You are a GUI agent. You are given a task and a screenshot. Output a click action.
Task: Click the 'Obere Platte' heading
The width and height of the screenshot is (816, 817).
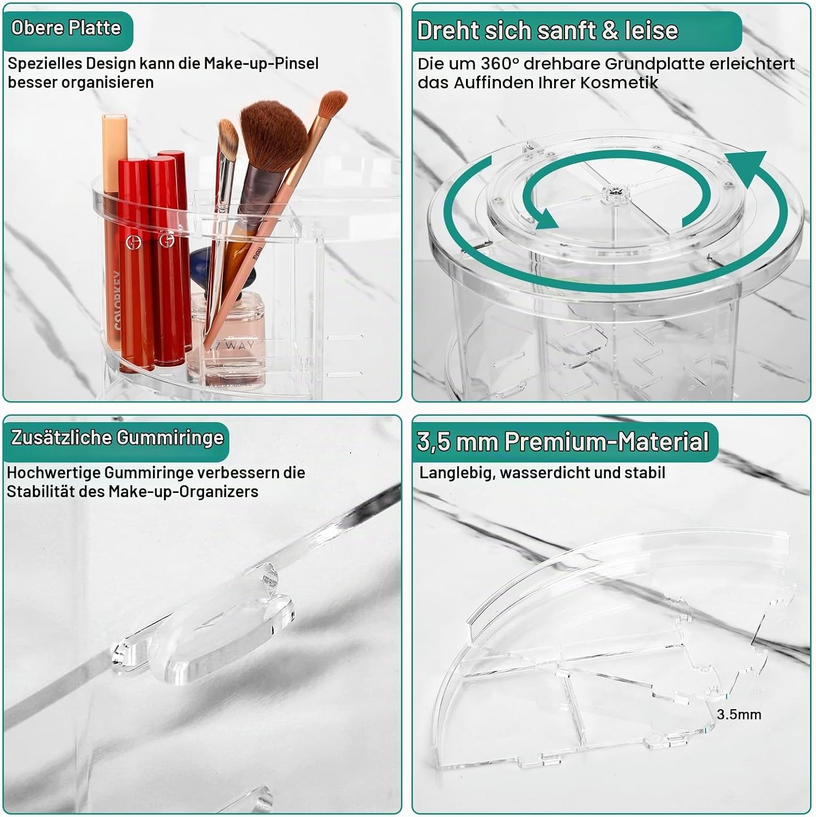tap(66, 28)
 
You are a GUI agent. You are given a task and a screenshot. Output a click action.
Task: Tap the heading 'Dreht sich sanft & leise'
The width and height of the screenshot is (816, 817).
tap(548, 31)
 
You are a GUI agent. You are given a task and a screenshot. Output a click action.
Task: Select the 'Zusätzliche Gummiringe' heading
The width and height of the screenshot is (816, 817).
tap(117, 438)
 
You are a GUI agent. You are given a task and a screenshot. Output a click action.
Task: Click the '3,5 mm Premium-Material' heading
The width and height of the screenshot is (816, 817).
tap(563, 442)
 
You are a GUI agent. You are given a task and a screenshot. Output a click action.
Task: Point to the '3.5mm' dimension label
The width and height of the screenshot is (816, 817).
tap(739, 715)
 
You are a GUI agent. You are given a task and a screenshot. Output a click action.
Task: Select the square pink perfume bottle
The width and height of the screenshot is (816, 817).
tap(229, 340)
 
